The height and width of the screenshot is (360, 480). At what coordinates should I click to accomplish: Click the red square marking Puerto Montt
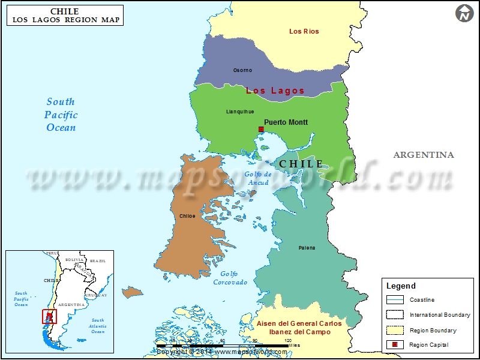click(x=261, y=129)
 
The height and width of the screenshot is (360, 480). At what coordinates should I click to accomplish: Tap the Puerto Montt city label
click(x=286, y=122)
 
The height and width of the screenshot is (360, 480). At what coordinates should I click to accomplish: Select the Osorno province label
click(x=242, y=70)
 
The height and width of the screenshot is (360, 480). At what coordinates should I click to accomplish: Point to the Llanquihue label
click(x=240, y=112)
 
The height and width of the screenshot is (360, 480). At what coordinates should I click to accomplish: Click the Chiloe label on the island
click(x=187, y=216)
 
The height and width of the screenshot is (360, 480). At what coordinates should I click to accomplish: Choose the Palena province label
click(x=307, y=248)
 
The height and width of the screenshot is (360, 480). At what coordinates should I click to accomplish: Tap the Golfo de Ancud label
click(x=259, y=178)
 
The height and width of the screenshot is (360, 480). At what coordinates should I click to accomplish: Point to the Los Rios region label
click(x=304, y=31)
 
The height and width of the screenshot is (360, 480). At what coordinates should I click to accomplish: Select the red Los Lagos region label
click(x=275, y=91)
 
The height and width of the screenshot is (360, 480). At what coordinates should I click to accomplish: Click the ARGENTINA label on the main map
click(x=424, y=155)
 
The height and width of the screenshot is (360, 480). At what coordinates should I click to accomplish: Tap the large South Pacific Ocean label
click(x=61, y=115)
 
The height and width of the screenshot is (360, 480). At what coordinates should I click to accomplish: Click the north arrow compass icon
click(x=464, y=13)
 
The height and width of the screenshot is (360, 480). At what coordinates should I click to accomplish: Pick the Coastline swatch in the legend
click(x=395, y=299)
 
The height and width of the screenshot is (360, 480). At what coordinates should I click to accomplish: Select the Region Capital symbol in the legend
click(x=395, y=344)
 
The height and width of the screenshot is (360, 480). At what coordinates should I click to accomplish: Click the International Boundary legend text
click(x=440, y=315)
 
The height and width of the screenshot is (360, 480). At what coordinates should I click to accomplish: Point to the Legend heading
click(x=401, y=286)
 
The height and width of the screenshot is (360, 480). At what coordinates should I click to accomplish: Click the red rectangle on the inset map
click(x=49, y=316)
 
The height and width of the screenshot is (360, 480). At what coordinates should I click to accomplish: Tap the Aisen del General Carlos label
click(x=299, y=324)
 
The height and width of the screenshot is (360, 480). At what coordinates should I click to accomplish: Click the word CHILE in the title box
click(x=65, y=11)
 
